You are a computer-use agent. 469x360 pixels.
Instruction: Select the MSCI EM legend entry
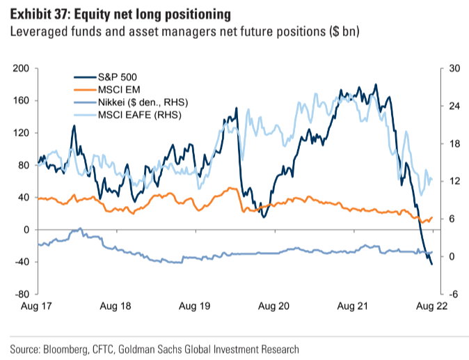(x=118, y=90)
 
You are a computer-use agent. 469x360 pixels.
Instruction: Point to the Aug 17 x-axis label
(x=38, y=306)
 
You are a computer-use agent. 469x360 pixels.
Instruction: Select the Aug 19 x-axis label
(x=195, y=306)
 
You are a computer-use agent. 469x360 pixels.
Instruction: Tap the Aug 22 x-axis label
(x=429, y=306)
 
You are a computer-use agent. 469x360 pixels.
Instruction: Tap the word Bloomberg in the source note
(x=67, y=348)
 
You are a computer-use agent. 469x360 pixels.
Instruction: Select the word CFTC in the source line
(x=108, y=348)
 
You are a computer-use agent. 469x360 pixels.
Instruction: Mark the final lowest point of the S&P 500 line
(x=431, y=264)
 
